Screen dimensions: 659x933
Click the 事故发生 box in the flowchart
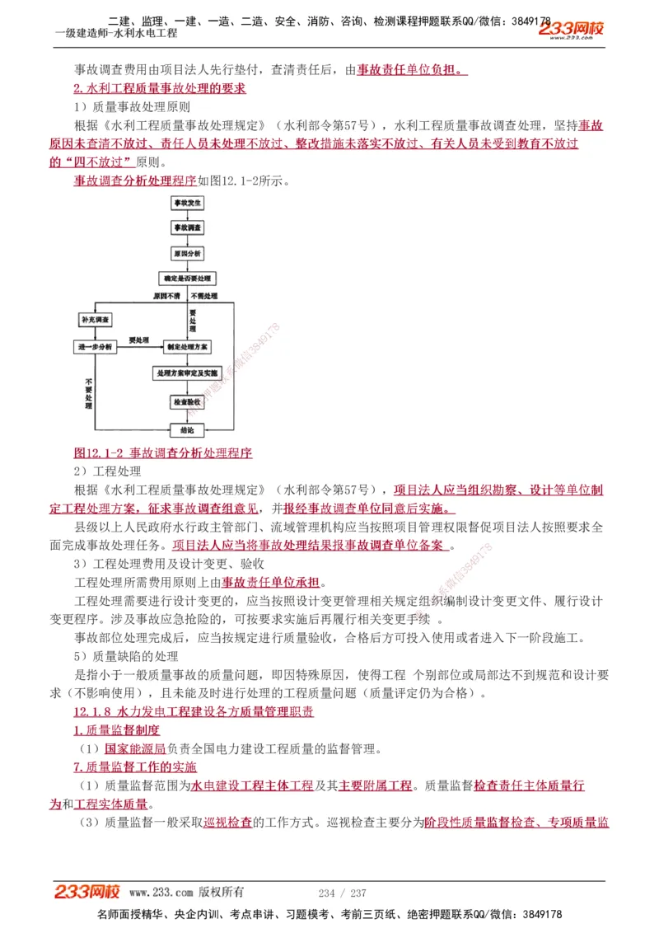(187, 203)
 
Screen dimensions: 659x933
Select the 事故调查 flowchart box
(187, 227)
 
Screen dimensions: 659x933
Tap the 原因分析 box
(187, 253)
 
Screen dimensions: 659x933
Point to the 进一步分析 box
(96, 347)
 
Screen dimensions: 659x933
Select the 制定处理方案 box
(187, 347)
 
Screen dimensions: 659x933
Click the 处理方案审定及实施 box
(187, 373)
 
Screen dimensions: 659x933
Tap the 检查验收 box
(187, 401)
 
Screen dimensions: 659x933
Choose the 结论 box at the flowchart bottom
(187, 429)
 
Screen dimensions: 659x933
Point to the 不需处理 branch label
(203, 295)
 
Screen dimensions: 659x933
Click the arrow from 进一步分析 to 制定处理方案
(140, 347)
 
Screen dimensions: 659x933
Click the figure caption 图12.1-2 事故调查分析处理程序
(162, 452)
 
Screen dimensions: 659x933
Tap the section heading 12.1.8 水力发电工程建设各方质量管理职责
(193, 711)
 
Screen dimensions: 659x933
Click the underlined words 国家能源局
(135, 749)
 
